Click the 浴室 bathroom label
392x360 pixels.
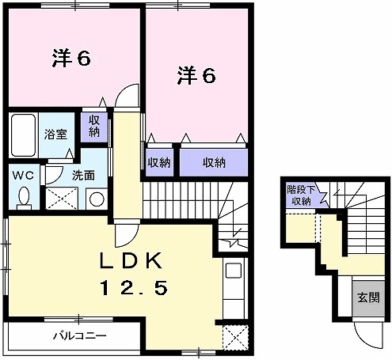pyautogui.click(x=55, y=135)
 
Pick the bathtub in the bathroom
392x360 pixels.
pyautogui.click(x=24, y=135)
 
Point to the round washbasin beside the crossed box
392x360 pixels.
pyautogui.click(x=95, y=199)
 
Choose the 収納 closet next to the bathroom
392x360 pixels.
pyautogui.click(x=93, y=127)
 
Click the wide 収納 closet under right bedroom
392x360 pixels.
pyautogui.click(x=213, y=163)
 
